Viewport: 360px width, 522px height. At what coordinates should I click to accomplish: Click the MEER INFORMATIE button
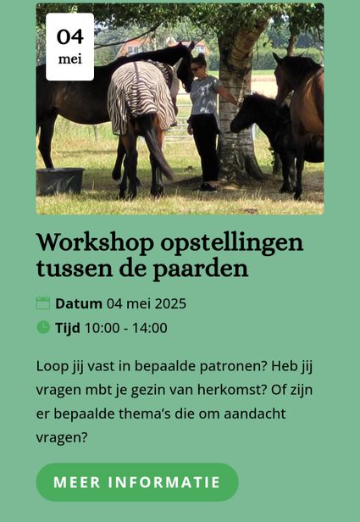137,481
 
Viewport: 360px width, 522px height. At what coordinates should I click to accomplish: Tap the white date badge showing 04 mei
69,47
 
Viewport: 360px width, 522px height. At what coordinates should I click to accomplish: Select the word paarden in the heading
200,269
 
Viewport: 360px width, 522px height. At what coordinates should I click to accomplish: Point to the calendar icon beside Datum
43,303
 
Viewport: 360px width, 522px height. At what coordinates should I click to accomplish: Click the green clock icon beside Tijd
43,327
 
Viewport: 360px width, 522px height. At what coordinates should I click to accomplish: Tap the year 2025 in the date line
170,303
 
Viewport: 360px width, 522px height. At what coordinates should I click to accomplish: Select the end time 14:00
150,328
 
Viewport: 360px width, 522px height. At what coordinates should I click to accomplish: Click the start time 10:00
102,328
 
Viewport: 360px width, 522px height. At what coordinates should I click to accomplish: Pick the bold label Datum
79,303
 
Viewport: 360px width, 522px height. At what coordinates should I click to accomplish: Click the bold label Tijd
68,328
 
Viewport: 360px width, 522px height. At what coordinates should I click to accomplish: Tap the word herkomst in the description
232,390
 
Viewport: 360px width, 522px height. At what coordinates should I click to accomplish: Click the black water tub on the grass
60,180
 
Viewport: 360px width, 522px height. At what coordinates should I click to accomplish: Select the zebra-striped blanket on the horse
141,96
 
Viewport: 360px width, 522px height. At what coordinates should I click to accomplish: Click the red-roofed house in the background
133,47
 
